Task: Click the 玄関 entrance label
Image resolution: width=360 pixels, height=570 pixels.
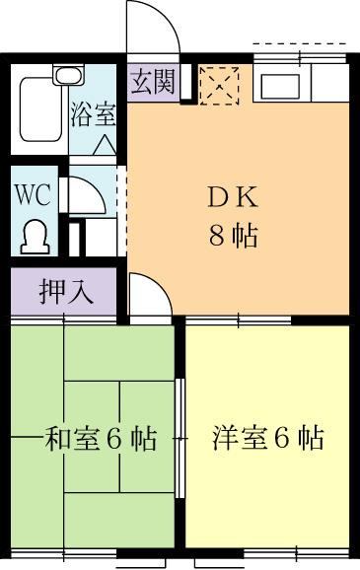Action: point(153,82)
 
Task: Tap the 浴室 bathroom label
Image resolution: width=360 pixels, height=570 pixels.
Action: point(94,114)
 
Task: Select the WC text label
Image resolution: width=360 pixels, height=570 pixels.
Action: point(32,195)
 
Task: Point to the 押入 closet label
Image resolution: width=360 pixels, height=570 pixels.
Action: point(66,291)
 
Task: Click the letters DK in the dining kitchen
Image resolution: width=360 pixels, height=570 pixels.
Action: point(233,198)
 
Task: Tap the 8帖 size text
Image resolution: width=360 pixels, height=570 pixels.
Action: point(233,236)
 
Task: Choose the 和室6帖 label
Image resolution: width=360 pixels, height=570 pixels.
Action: point(101,439)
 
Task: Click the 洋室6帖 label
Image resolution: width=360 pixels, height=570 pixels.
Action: point(268,438)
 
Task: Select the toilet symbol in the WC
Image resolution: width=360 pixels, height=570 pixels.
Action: point(36,237)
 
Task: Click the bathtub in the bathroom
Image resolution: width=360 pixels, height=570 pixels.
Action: point(40,109)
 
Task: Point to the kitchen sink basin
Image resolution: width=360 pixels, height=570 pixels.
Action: point(280,86)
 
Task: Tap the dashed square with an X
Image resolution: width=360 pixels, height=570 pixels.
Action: point(219,86)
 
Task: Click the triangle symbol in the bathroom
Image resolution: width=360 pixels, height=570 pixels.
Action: point(105,145)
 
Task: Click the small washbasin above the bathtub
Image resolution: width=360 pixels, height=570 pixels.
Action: point(68,75)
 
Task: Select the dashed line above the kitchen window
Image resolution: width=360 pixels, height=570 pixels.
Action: point(299,43)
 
